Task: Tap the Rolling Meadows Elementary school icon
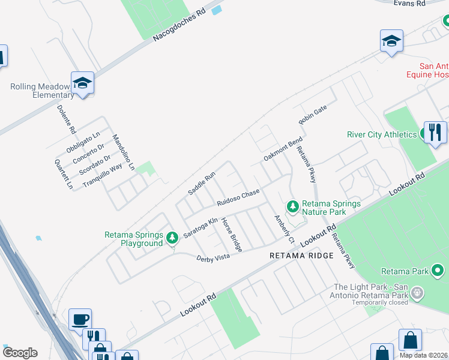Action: click(82, 83)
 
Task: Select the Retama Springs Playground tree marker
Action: click(172, 238)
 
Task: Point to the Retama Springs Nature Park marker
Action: click(292, 207)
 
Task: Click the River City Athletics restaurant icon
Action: click(435, 133)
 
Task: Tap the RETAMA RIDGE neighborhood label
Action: click(301, 256)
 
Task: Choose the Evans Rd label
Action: click(409, 4)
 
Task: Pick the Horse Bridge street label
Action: click(232, 235)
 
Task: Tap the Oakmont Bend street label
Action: click(283, 150)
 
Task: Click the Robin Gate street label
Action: click(312, 114)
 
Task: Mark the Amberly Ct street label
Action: click(285, 230)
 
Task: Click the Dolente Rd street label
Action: click(66, 119)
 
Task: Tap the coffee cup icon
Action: click(80, 319)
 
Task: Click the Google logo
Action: click(20, 353)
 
